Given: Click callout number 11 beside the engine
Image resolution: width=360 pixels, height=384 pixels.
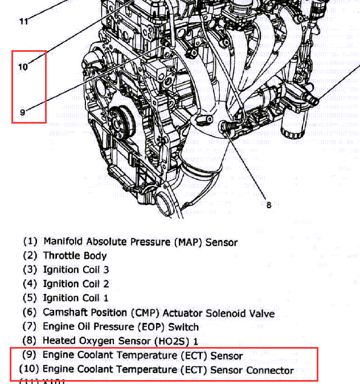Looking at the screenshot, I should [23, 22].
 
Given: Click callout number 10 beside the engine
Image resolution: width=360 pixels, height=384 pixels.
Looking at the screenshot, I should [23, 67].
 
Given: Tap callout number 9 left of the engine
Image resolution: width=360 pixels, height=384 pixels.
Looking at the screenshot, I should [23, 112].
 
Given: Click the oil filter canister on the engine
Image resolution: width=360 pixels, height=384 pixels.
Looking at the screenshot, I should [293, 123].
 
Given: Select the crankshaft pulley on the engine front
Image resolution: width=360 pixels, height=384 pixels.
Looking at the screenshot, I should [121, 120].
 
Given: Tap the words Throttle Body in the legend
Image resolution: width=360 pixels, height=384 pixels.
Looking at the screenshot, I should [75, 256].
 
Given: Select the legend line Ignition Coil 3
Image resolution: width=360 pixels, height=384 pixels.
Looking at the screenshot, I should [76, 269].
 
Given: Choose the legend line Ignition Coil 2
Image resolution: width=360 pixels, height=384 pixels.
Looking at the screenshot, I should [76, 284].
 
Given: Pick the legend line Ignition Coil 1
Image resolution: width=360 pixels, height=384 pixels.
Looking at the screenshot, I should [76, 297].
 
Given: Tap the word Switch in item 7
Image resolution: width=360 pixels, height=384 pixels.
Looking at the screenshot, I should [183, 327].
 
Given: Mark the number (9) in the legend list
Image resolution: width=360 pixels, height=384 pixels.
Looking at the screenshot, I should [30, 356].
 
